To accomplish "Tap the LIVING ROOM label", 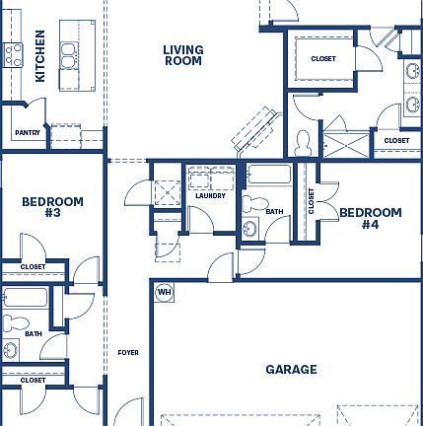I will (x=182, y=55).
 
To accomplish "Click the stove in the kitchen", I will (x=13, y=55).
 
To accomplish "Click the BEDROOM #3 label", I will (x=52, y=207).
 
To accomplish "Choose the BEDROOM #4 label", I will (x=371, y=218).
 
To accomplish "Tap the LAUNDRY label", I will (x=210, y=195).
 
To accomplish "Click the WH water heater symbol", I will (x=164, y=292).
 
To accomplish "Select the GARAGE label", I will (x=291, y=370).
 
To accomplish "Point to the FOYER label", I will (x=128, y=352).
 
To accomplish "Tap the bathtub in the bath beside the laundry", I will (x=269, y=177).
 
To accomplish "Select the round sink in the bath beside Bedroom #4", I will (x=250, y=230).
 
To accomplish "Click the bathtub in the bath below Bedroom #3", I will (x=22, y=298).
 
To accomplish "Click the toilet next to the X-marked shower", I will (x=304, y=141).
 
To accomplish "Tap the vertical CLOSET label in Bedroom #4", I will (x=312, y=202).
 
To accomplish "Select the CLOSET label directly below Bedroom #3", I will (x=33, y=266).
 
